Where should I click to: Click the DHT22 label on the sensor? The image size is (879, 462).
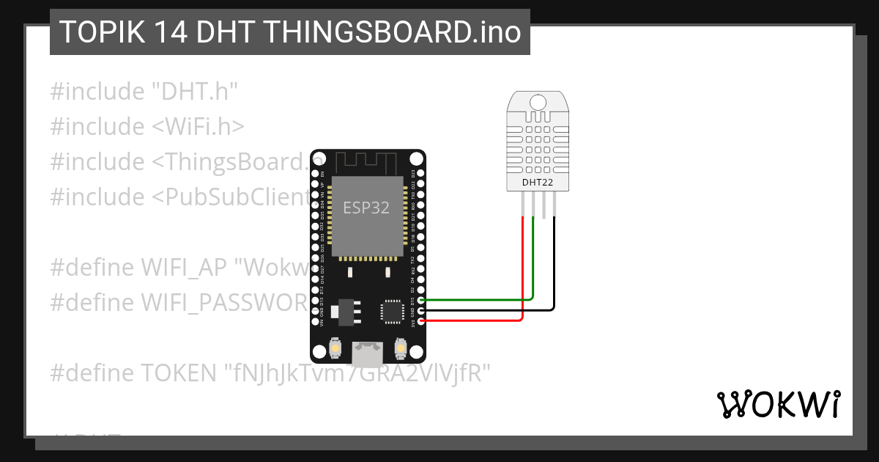(537, 182)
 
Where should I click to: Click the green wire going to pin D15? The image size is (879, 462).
(476, 299)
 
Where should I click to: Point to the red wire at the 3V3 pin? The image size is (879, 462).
(476, 321)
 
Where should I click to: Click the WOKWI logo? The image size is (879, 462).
(778, 404)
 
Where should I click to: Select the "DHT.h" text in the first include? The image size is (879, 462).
(195, 92)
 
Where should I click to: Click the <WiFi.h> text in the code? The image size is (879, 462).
(198, 127)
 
